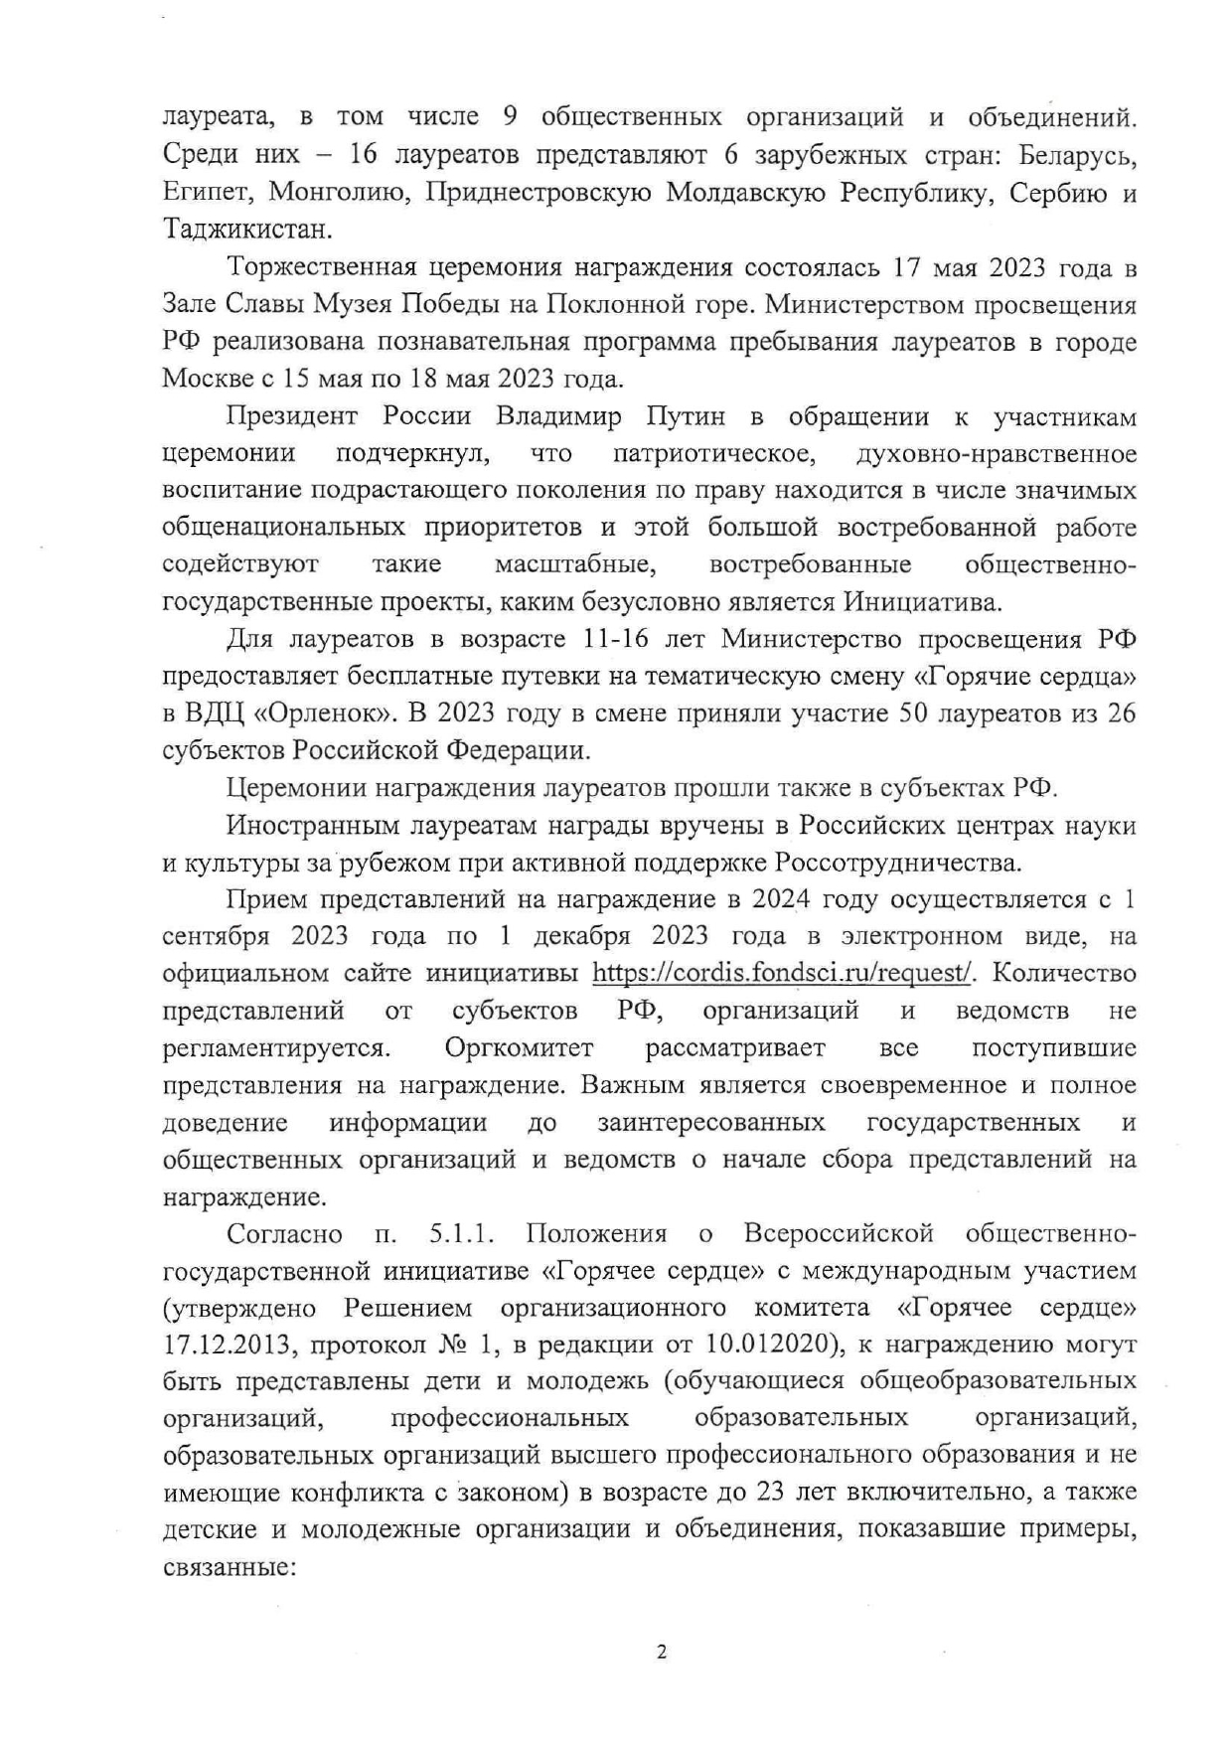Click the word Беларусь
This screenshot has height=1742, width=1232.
1074,155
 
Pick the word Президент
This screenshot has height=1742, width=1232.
289,416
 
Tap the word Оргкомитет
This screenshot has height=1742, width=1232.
519,1047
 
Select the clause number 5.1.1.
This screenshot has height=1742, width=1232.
462,1233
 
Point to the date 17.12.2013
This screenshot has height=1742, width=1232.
226,1346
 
